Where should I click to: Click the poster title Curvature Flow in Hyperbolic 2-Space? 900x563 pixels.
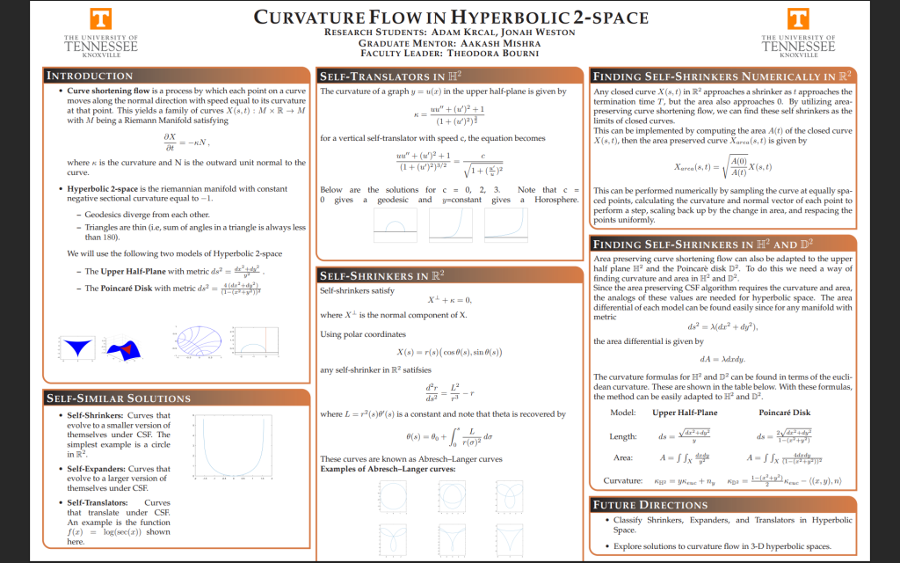click(x=451, y=17)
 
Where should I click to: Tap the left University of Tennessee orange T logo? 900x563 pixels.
click(x=101, y=20)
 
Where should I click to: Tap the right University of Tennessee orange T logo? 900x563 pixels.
click(x=799, y=20)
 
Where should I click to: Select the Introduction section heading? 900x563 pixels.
click(x=90, y=76)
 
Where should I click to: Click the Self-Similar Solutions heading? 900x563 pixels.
click(x=116, y=398)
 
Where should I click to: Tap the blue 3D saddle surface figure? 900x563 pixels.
click(x=79, y=347)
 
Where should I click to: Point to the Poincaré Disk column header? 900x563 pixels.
click(x=784, y=413)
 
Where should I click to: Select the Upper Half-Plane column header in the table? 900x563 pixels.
click(x=685, y=413)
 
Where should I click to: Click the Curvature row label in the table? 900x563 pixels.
click(x=623, y=481)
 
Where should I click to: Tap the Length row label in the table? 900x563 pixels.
click(x=622, y=436)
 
